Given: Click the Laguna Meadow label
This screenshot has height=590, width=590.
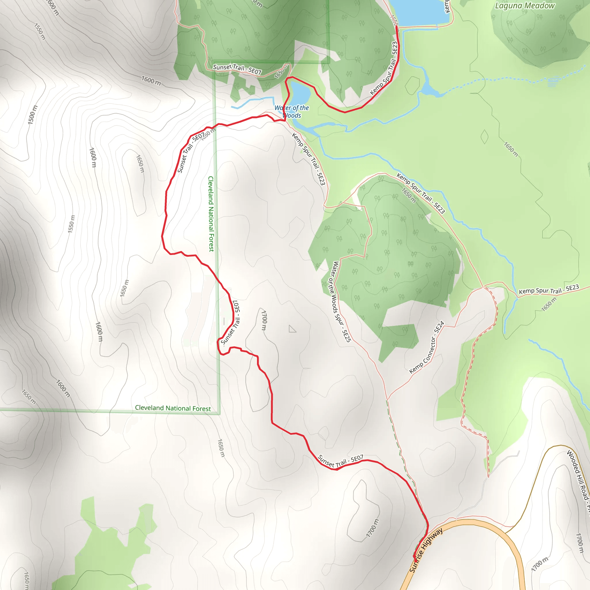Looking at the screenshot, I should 525,6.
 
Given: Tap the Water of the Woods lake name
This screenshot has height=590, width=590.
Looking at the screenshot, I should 292,112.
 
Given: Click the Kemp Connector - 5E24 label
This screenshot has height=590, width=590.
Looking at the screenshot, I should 427,347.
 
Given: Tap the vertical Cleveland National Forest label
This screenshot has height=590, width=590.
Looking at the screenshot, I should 211,214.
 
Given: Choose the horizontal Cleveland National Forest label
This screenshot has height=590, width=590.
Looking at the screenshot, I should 173,408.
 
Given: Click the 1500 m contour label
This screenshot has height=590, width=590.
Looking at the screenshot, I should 33,115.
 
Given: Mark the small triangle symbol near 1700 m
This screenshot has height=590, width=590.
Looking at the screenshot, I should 292,329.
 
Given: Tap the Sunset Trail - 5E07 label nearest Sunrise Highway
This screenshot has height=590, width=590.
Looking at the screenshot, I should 341,461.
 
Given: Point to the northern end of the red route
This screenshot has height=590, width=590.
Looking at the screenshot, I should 396,27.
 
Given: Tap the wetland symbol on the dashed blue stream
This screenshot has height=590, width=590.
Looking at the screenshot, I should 553,82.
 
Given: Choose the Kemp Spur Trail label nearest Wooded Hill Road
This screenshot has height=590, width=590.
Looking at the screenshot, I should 549,290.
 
